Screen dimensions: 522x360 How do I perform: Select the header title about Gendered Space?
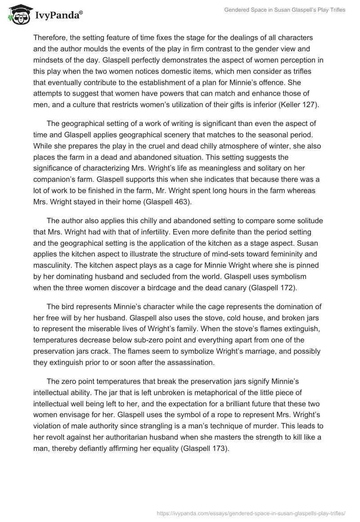pos(285,10)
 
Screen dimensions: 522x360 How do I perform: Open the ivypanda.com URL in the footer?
pos(251,512)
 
